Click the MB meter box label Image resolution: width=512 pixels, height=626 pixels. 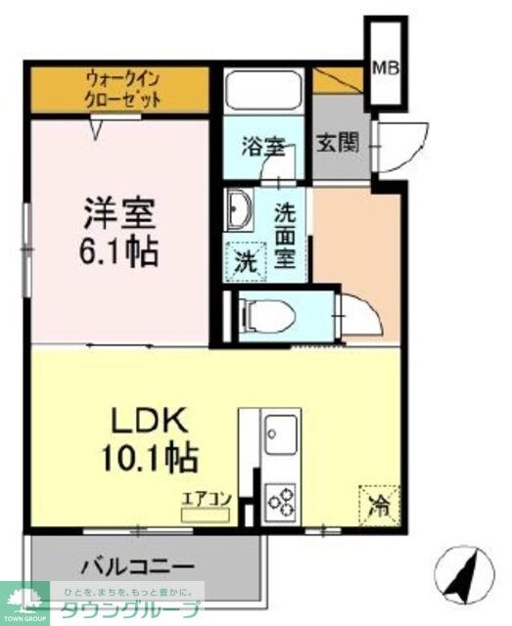pos(384,68)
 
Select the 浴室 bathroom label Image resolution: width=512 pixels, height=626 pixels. pos(263,148)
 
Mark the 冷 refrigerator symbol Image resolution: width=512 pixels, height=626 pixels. pos(377,506)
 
